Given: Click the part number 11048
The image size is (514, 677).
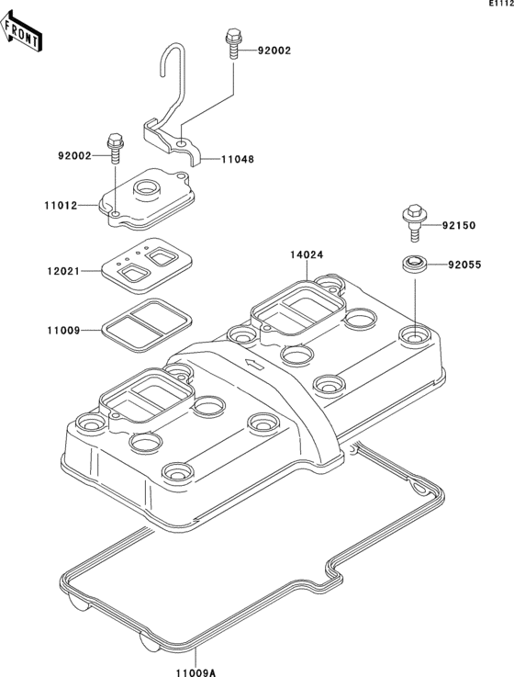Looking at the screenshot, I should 238,159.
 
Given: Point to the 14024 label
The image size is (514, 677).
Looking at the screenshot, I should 307,254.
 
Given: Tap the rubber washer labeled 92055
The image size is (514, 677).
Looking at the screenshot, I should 414,265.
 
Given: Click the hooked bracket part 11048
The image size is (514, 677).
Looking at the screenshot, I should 174,119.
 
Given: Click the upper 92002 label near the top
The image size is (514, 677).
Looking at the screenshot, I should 274,51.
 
